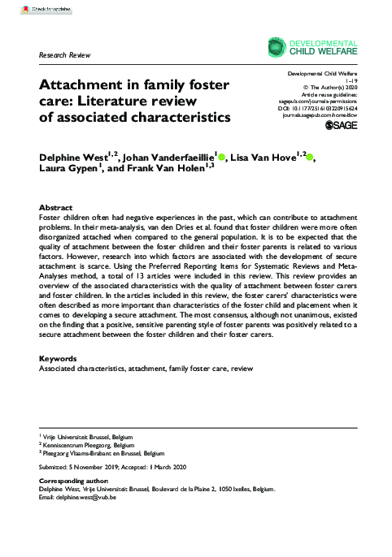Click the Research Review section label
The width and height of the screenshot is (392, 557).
pos(65,54)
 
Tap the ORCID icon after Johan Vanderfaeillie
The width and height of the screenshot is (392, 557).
pos(221,155)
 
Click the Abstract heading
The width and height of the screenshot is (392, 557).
pos(56,208)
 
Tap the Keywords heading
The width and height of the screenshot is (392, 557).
pos(59,358)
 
